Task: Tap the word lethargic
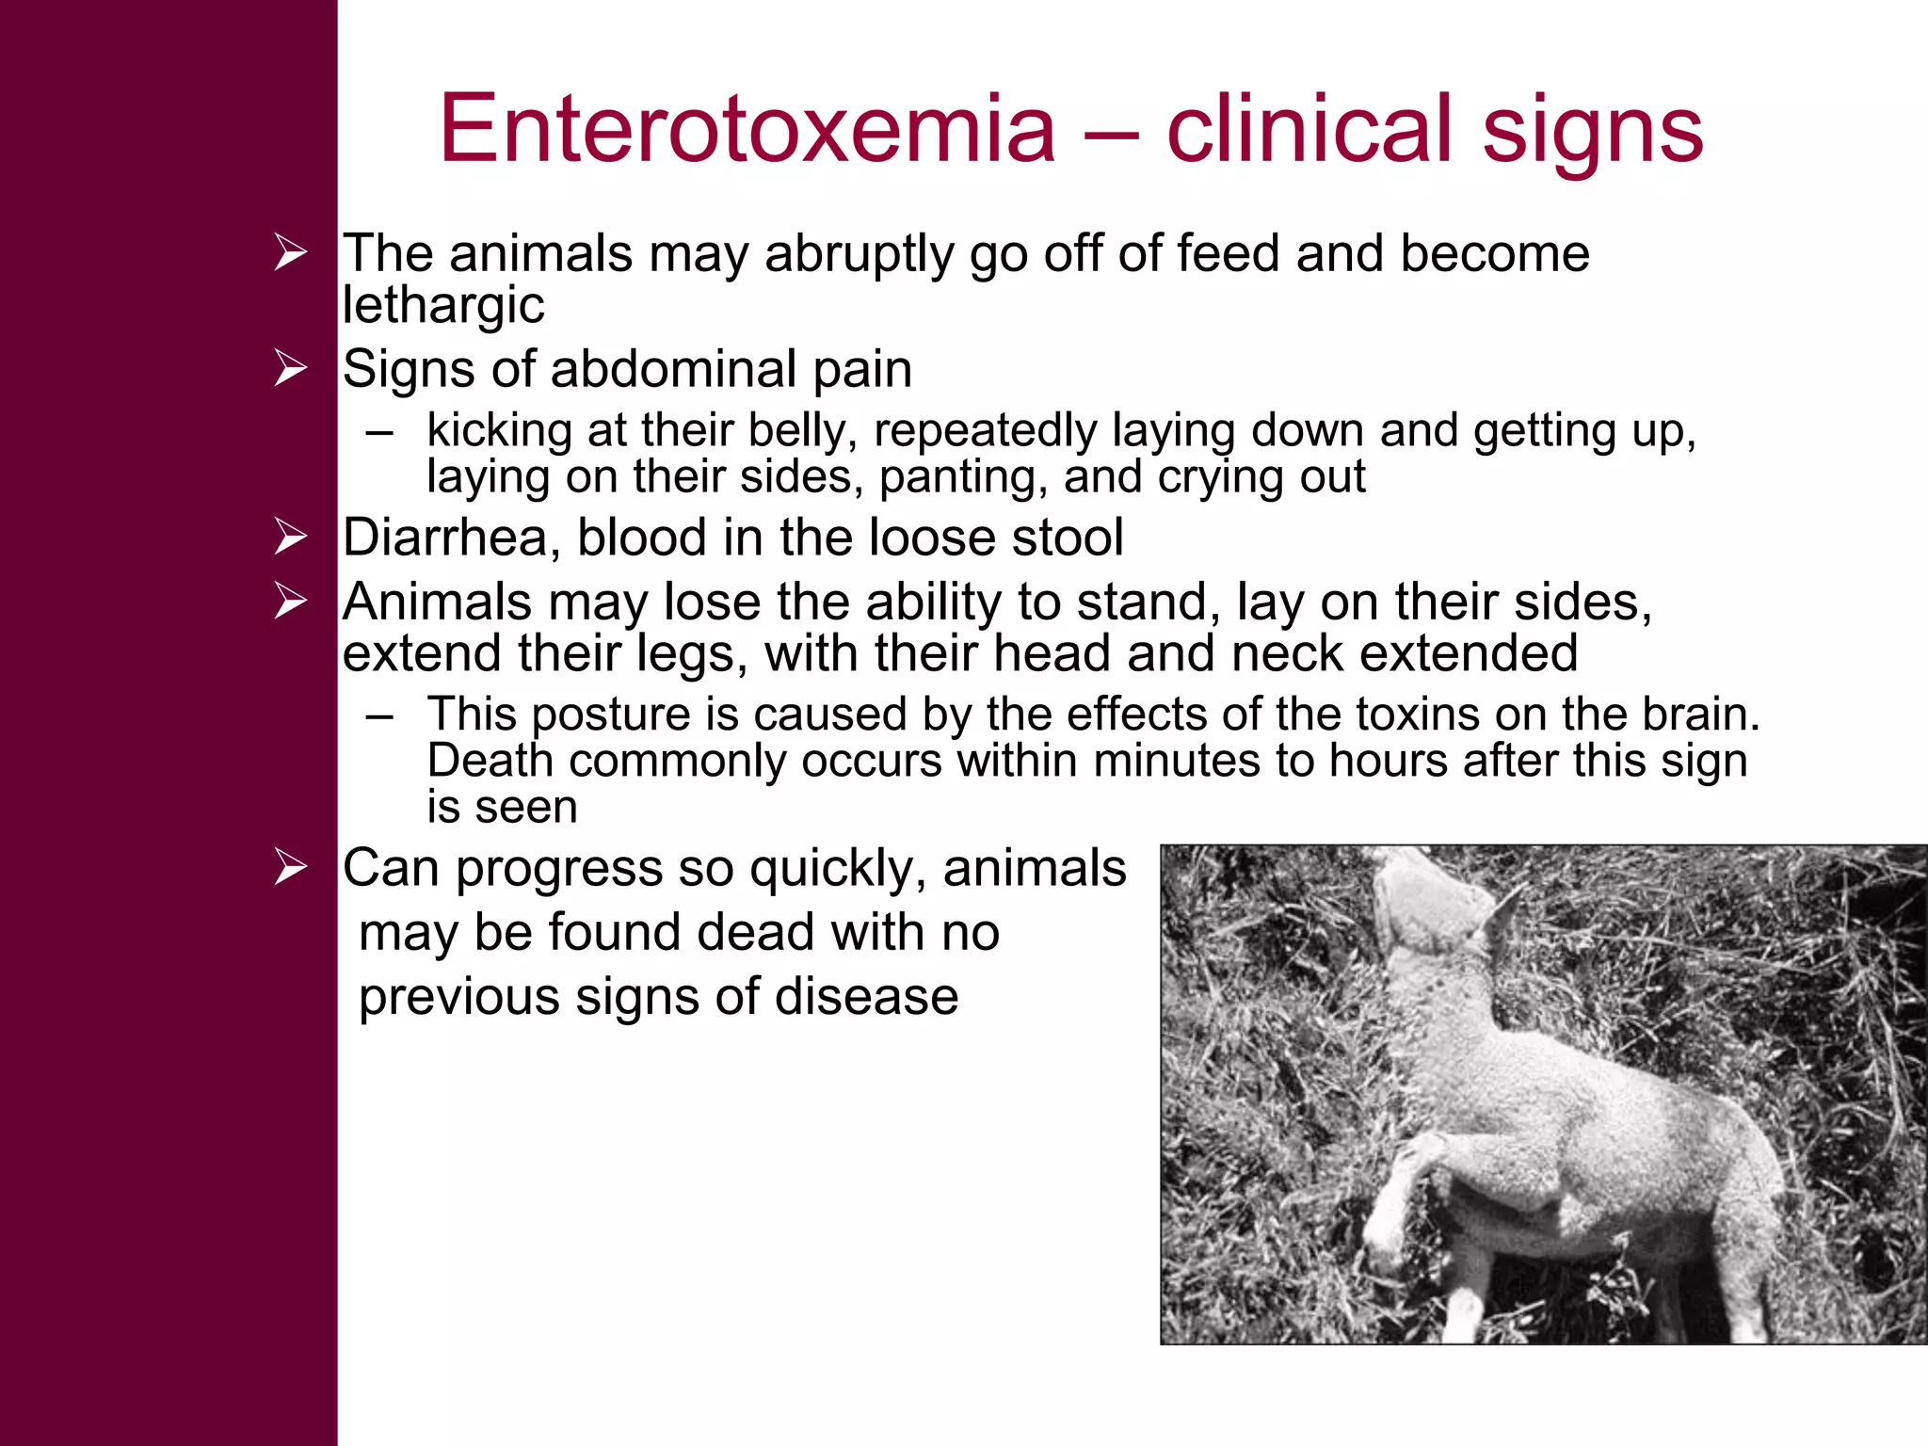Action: [x=442, y=305]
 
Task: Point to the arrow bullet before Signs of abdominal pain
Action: [x=291, y=367]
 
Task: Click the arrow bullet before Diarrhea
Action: [x=291, y=537]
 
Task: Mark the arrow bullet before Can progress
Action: [x=291, y=867]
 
